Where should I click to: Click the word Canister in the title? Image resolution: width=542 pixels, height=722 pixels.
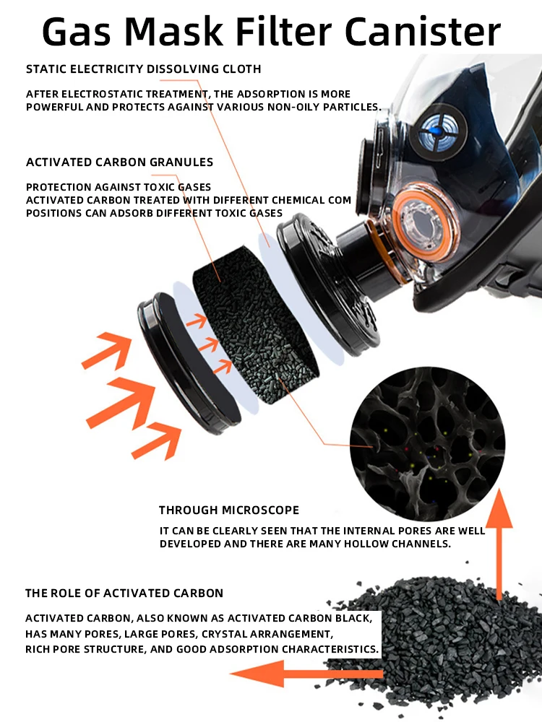click(422, 32)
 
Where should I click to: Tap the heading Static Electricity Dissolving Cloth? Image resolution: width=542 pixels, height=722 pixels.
click(143, 69)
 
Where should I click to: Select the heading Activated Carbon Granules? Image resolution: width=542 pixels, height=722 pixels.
click(119, 162)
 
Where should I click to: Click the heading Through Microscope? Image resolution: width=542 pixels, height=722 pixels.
click(229, 510)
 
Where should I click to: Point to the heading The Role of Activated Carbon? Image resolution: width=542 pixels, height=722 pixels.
click(124, 593)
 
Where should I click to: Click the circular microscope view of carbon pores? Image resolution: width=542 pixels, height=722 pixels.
click(427, 444)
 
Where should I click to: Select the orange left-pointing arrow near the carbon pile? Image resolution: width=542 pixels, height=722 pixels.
click(306, 674)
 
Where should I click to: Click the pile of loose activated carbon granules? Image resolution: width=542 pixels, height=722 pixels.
click(438, 645)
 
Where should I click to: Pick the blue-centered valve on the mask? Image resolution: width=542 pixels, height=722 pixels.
click(438, 131)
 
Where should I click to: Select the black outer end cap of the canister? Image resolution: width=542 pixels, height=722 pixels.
click(189, 364)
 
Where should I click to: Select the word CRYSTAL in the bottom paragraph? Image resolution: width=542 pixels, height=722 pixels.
click(222, 634)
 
